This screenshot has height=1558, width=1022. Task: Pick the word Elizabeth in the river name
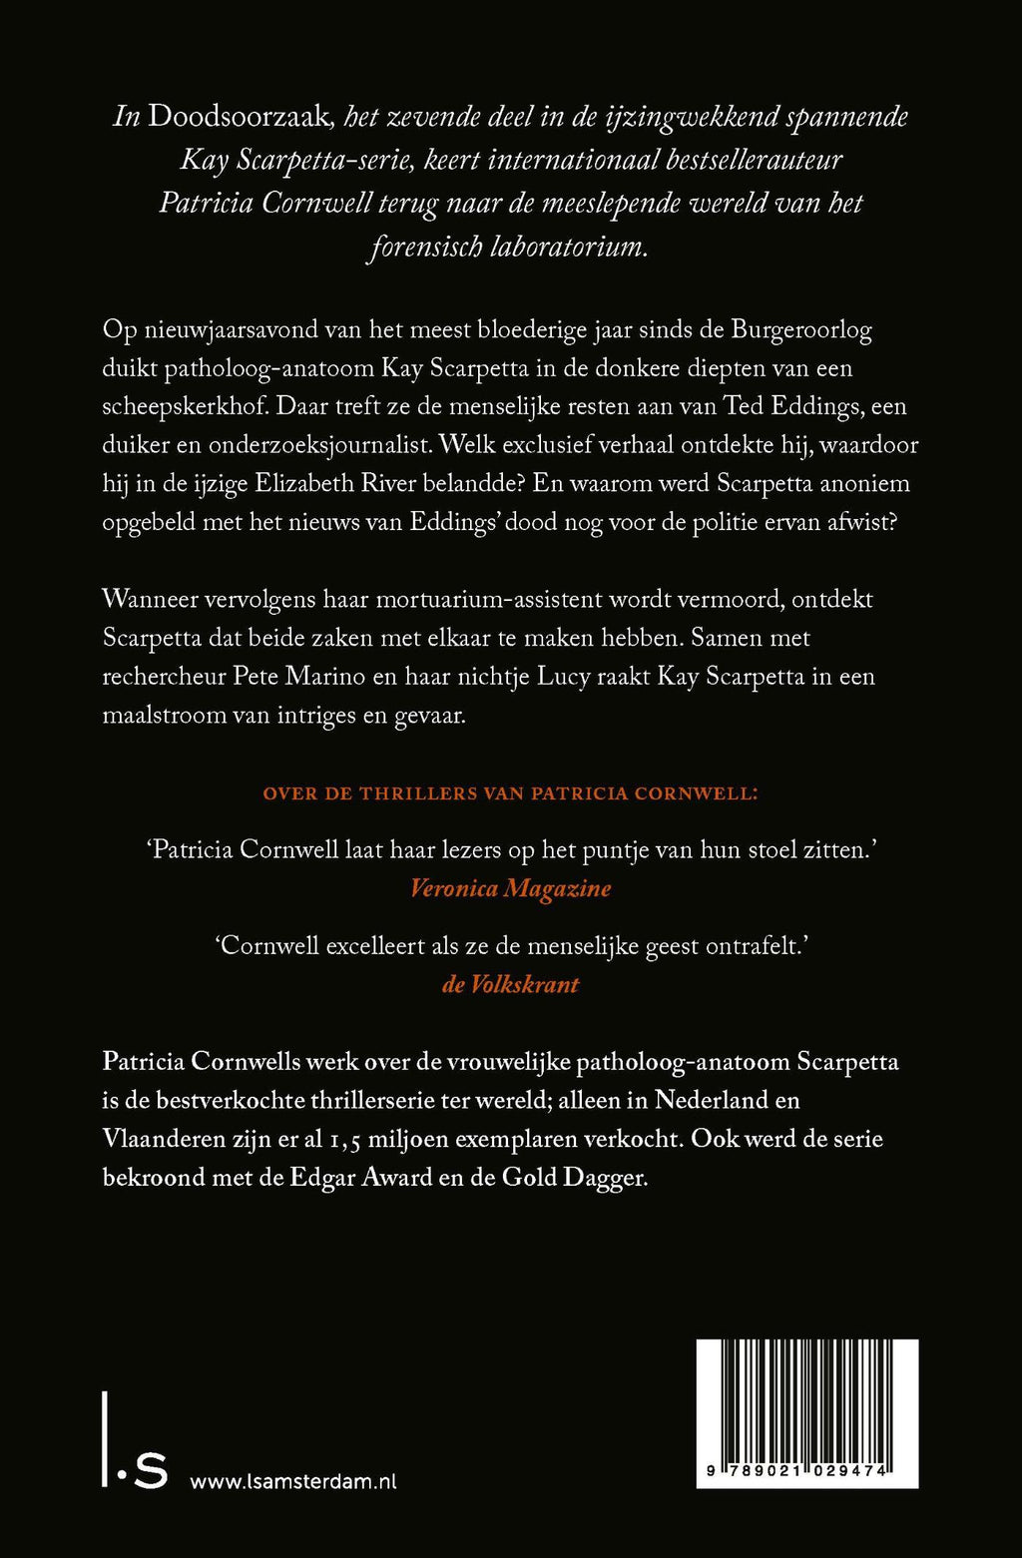(324, 484)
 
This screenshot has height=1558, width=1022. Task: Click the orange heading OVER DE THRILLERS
(509, 793)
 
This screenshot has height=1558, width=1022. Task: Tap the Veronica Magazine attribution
(510, 888)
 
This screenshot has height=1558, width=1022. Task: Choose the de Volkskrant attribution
(510, 984)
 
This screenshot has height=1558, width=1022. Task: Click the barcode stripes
(806, 1402)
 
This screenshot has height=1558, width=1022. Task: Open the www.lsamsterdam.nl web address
(292, 1482)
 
